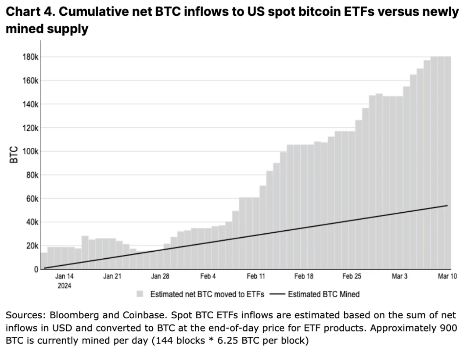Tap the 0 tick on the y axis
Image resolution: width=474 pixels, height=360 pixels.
[36, 269]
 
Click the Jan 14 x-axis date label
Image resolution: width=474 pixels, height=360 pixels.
[64, 277]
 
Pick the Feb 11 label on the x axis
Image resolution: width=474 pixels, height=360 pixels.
[256, 277]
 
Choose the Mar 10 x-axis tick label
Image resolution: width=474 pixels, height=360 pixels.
[447, 277]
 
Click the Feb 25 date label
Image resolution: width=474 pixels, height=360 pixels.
[352, 277]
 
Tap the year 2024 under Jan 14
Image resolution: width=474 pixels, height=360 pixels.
[64, 285]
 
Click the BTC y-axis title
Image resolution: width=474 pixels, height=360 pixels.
[14, 155]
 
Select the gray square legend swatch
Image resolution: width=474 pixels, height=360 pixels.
[140, 294]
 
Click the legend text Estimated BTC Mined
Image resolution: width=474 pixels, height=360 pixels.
[323, 294]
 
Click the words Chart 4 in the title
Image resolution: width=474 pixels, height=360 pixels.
[29, 12]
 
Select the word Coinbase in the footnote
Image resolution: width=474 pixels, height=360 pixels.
[128, 315]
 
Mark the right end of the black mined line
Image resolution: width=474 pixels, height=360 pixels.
[447, 205]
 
